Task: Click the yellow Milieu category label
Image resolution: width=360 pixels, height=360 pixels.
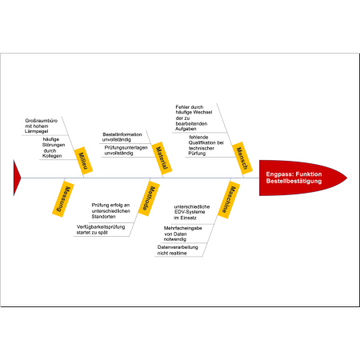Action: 83,161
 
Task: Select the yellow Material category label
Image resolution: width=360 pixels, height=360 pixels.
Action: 162,158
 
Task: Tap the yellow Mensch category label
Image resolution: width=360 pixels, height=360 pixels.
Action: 242,158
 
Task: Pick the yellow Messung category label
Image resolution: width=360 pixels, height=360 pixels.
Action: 63,199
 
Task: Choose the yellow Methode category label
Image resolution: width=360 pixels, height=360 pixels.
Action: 149,198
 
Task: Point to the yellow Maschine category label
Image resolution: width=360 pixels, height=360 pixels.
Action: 229,200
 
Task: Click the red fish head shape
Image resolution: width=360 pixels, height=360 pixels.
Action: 303,178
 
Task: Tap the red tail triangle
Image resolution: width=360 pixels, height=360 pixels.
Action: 17,178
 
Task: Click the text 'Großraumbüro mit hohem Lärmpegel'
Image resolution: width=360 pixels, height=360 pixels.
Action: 41,126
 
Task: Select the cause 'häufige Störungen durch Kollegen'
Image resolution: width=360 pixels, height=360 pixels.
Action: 54,147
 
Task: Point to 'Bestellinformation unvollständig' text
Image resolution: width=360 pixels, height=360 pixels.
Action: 122,137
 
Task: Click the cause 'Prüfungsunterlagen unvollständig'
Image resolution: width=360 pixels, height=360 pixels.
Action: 126,150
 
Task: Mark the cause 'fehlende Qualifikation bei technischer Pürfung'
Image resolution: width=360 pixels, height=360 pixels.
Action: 206,146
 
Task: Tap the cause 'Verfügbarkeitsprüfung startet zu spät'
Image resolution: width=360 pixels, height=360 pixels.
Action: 101,230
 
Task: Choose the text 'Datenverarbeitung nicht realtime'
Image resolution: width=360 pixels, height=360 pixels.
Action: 178,250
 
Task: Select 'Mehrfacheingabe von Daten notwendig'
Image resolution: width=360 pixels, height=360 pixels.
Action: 182,234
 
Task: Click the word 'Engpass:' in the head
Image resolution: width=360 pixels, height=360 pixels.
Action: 279,174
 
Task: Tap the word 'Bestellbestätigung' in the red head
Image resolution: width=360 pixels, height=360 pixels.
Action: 294,181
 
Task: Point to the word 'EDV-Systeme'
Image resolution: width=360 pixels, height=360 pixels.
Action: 190,212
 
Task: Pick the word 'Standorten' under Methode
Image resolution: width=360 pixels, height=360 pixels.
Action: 103,217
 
